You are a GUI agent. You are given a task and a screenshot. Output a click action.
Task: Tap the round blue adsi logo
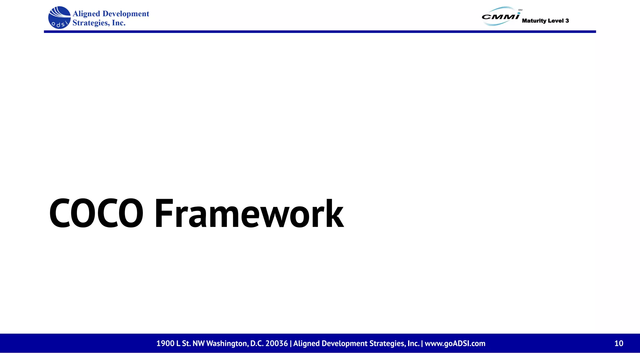point(59,17)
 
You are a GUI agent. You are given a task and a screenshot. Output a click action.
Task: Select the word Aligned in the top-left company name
point(86,14)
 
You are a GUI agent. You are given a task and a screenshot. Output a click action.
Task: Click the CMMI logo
point(500,16)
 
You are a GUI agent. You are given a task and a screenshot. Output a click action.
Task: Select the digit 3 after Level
point(567,21)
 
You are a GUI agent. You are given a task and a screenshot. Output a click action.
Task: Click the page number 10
point(618,343)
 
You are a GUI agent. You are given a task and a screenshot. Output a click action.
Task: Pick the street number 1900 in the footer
point(165,343)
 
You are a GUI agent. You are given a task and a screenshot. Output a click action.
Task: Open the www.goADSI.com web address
point(455,343)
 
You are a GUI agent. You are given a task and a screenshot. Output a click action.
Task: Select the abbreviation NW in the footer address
point(198,343)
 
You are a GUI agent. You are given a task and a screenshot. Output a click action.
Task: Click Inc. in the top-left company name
point(119,23)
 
